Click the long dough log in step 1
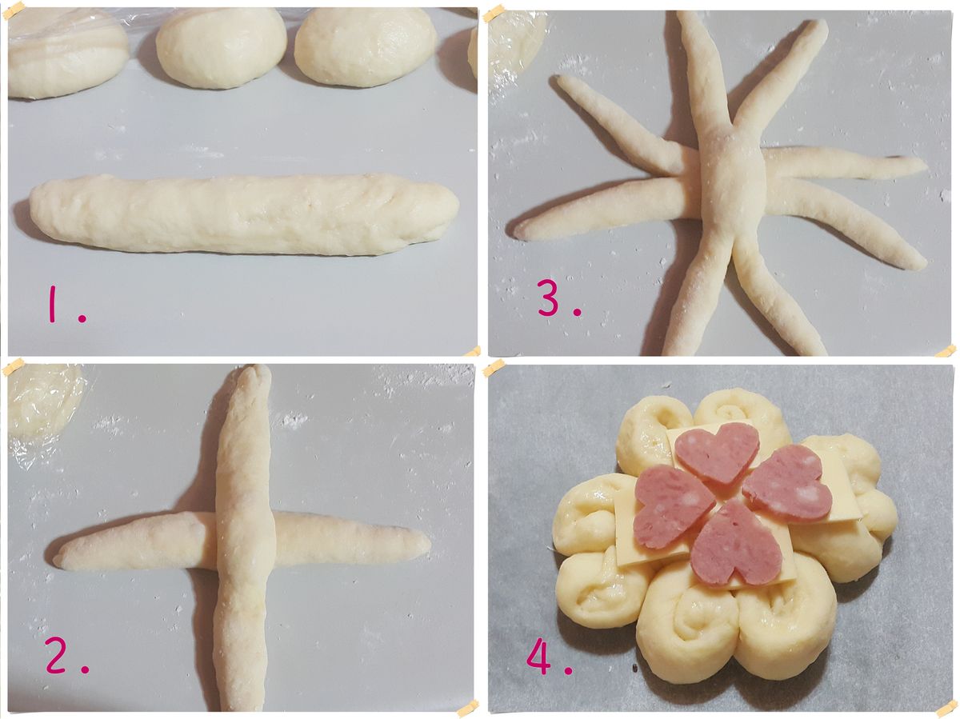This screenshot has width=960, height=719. coord(244,213)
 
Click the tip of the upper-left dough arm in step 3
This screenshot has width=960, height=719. coord(558,79)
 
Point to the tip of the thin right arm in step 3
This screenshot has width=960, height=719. coord(923,166)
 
